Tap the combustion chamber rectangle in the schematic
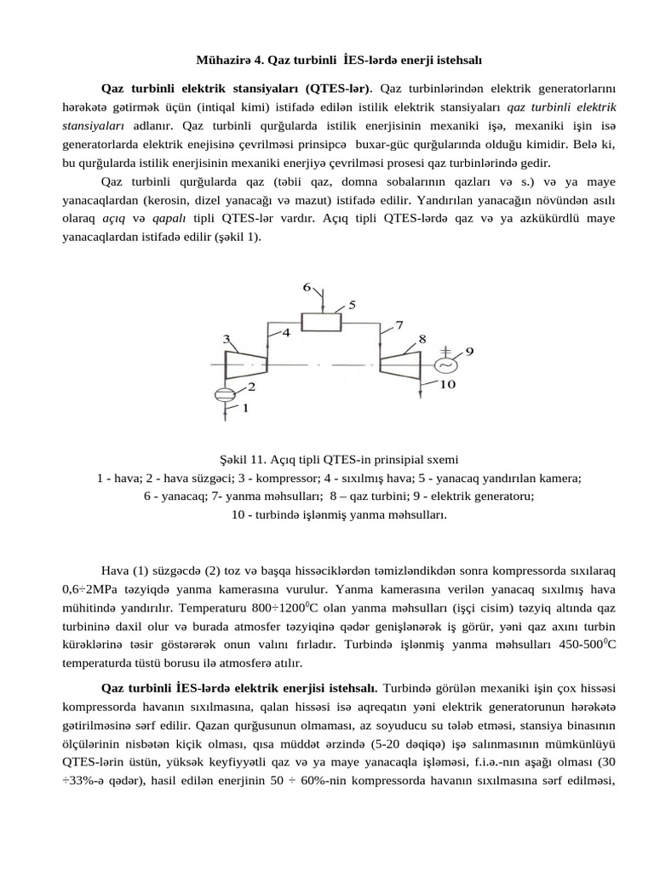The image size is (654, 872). point(323,321)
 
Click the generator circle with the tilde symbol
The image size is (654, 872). point(445,364)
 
